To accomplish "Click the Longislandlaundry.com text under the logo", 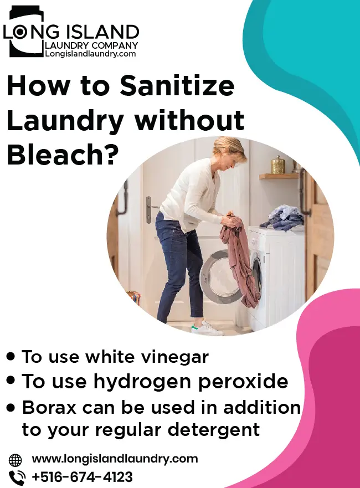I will [x=91, y=54].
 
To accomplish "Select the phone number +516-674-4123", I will [x=82, y=476].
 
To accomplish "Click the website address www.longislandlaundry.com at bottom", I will [x=115, y=459].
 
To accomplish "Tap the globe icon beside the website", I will [x=16, y=460].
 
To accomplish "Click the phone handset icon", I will [x=17, y=477].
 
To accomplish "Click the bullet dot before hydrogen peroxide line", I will [x=11, y=381].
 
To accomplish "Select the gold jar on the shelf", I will [x=277, y=165].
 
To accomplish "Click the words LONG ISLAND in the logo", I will [x=71, y=32].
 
